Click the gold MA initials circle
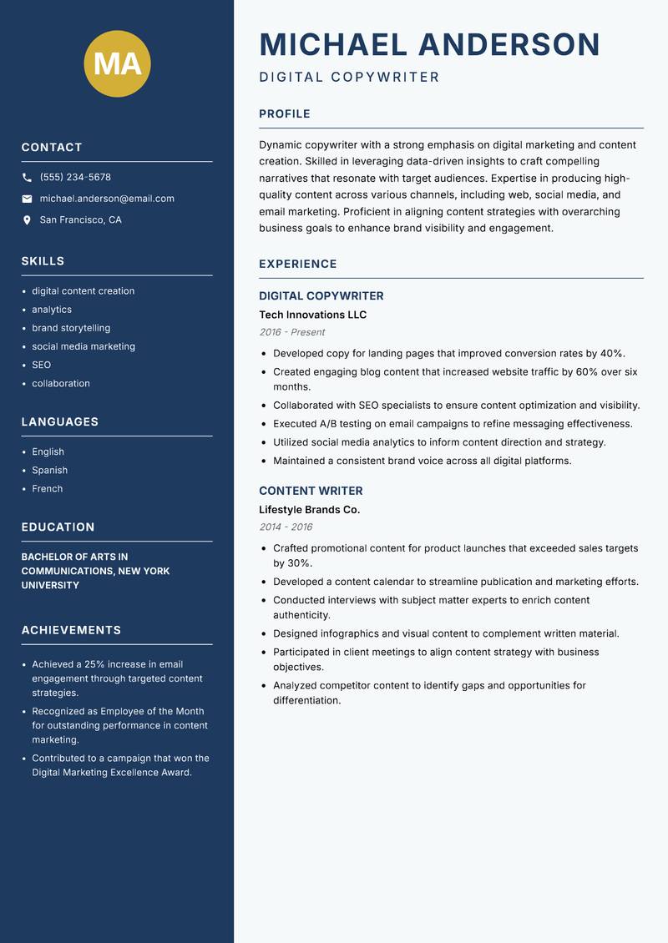[118, 63]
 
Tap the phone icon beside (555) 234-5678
[27, 177]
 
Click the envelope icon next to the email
[27, 199]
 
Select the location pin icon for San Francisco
[27, 220]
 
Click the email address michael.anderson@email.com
[107, 199]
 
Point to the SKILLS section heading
[43, 261]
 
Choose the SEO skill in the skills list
[42, 365]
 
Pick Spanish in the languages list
[50, 470]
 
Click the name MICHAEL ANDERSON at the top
[429, 45]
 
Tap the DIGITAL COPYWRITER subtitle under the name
[349, 78]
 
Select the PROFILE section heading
[285, 114]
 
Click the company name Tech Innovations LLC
[312, 315]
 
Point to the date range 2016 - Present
[291, 332]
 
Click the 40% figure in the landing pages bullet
[612, 353]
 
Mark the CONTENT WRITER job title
[311, 491]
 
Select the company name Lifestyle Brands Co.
[309, 510]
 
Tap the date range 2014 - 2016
[286, 527]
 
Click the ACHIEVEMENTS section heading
[71, 630]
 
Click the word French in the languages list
[48, 488]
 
